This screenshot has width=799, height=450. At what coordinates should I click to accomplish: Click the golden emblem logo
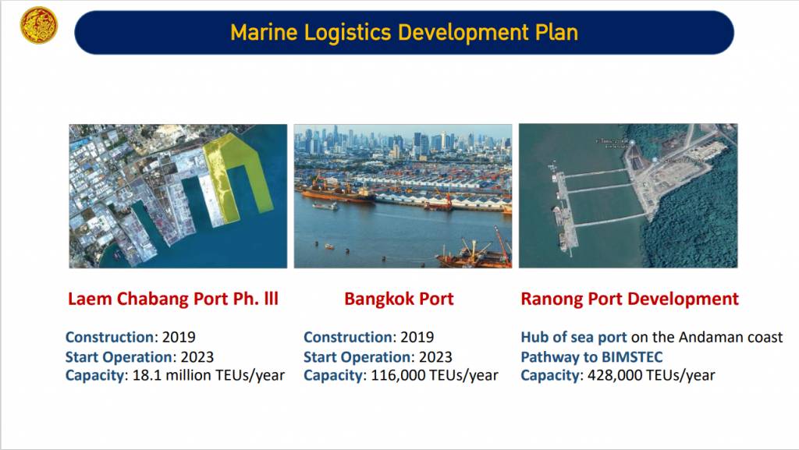[39, 26]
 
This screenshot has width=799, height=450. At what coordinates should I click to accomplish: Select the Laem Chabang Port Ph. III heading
[173, 298]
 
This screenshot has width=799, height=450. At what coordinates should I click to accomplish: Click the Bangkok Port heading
[399, 298]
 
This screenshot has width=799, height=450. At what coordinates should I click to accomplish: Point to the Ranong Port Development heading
[630, 298]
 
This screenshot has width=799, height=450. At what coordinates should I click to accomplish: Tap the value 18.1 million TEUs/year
[208, 376]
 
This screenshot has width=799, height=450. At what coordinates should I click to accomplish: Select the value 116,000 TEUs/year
[434, 376]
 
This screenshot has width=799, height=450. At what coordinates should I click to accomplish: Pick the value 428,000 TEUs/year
[652, 376]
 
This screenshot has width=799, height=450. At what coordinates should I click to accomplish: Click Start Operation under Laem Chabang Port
[119, 357]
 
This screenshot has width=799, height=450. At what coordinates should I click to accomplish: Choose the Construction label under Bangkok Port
[347, 337]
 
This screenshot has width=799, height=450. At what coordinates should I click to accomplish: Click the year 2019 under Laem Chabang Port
[179, 337]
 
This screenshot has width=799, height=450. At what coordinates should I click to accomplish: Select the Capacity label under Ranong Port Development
[550, 376]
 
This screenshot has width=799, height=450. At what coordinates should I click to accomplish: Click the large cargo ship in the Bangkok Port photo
[339, 194]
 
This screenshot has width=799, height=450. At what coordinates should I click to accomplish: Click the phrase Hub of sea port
[574, 338]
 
